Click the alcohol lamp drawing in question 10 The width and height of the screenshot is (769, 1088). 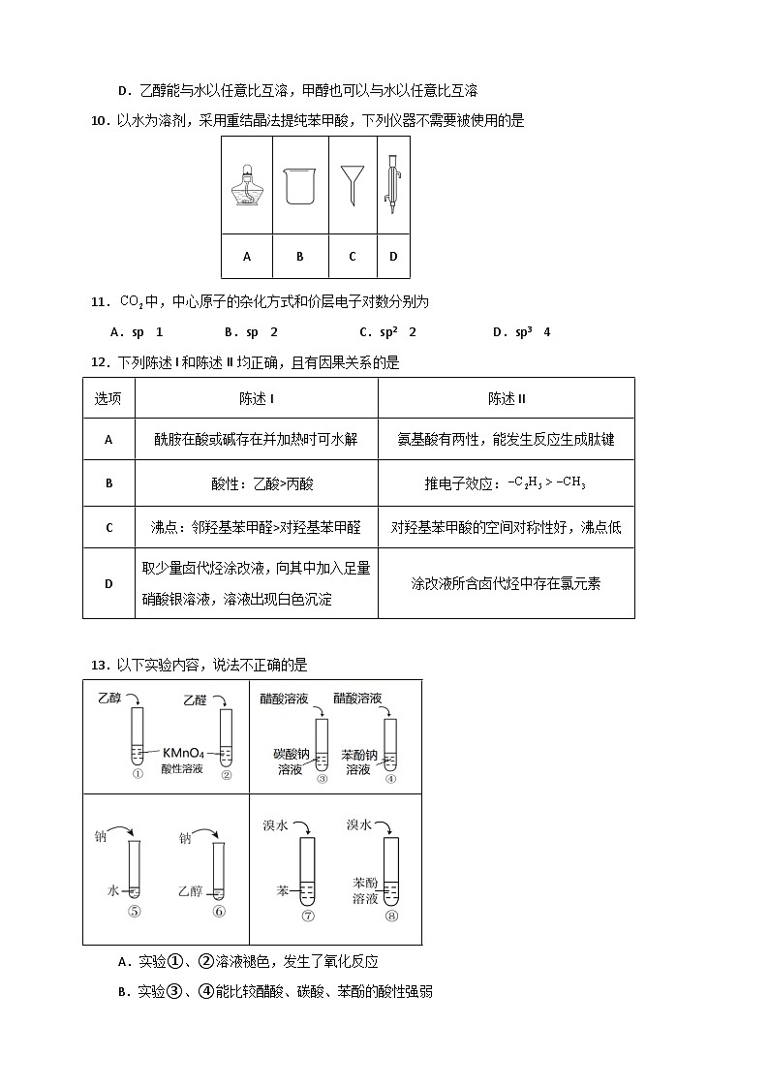click(x=247, y=183)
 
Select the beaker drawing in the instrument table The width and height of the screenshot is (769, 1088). click(x=299, y=184)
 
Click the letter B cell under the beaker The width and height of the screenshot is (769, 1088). click(x=300, y=257)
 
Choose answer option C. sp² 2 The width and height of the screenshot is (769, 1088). click(x=387, y=332)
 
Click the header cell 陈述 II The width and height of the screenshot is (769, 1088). click(x=506, y=398)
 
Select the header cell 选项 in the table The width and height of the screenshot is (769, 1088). click(x=108, y=398)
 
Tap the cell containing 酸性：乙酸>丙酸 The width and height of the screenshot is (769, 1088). click(x=256, y=483)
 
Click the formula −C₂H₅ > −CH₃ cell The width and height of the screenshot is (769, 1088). click(x=506, y=483)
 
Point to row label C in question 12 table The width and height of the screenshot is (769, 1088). click(x=108, y=527)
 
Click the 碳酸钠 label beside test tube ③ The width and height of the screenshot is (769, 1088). click(x=289, y=753)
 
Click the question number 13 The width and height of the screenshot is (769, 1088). click(x=98, y=665)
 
